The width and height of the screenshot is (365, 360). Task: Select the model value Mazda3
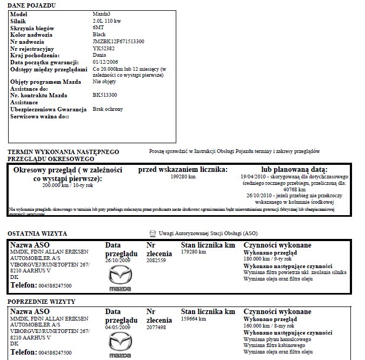pos(102,14)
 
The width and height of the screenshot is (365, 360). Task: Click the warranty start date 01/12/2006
pos(106,63)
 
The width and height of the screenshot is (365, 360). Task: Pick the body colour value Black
pos(99,35)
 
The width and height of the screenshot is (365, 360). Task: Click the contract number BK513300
pos(105,95)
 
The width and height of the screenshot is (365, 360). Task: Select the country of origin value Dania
pos(99,56)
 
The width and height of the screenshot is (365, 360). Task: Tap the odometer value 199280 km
pos(183,177)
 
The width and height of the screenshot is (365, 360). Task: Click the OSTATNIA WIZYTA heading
pos(36,234)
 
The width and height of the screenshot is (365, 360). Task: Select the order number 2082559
pos(156,261)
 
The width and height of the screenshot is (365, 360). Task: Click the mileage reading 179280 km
pos(193,252)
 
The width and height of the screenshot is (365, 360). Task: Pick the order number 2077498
pos(156,328)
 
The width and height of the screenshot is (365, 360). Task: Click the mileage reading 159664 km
pos(193,319)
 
